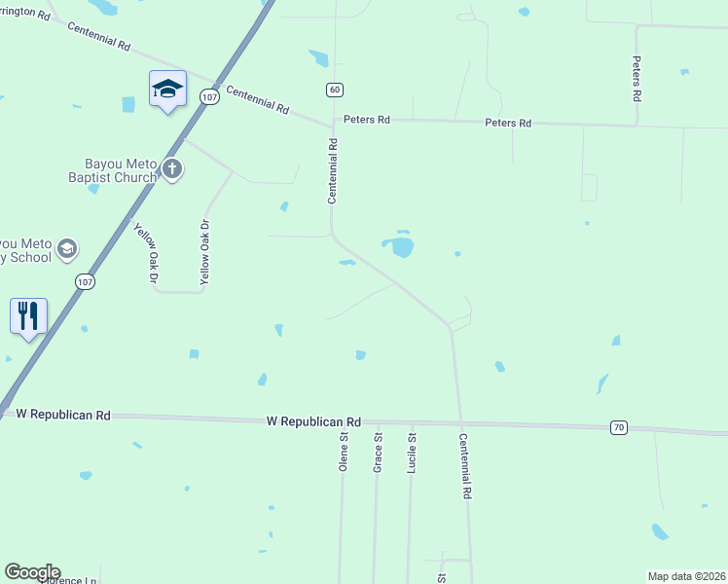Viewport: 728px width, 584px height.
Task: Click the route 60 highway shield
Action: (x=335, y=90)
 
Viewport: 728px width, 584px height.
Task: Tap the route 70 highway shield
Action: (x=619, y=427)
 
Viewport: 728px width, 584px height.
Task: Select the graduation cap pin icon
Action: (x=167, y=90)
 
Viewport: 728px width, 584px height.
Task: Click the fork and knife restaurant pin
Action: (x=28, y=315)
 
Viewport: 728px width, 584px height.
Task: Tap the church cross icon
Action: (x=172, y=169)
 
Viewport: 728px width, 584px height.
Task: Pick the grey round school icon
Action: (x=67, y=248)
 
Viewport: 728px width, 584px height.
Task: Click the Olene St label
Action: (x=344, y=453)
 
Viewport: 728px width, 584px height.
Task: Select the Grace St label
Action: (x=378, y=454)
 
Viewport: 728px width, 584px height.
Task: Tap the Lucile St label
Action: (x=412, y=454)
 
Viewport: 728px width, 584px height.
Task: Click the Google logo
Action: (x=32, y=572)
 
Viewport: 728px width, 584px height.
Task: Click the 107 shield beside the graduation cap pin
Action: (x=208, y=96)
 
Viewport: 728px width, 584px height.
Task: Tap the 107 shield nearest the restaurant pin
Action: (x=84, y=280)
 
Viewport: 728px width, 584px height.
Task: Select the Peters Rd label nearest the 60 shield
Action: (x=367, y=120)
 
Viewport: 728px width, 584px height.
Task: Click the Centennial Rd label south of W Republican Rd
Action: (x=465, y=466)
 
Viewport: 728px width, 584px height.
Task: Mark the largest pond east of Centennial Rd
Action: (x=401, y=247)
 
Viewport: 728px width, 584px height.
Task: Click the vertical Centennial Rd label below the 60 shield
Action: (x=333, y=170)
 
